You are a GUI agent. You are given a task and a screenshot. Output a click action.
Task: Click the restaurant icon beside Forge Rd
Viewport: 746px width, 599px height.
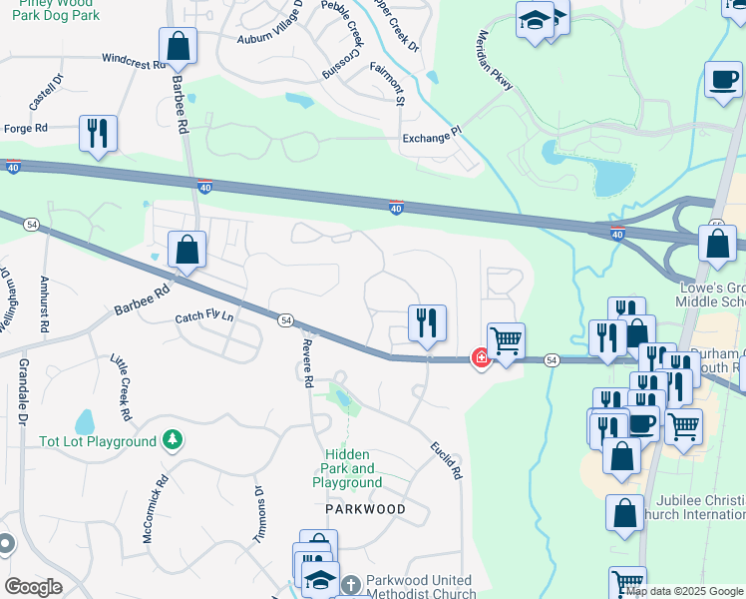coord(98,133)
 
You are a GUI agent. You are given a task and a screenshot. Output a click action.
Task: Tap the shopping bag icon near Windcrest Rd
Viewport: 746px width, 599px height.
coord(178,45)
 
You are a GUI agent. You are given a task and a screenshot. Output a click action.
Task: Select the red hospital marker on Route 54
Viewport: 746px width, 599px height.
coord(481,357)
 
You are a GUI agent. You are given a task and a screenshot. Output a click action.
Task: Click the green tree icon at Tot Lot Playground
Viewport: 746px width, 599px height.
coord(173,439)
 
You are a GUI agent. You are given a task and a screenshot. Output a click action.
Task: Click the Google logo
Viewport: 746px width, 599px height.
coord(33,587)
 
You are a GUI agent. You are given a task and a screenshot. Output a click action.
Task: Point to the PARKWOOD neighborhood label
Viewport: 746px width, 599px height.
coord(366,509)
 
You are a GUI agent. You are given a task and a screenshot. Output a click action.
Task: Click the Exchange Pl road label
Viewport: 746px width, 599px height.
coord(432,137)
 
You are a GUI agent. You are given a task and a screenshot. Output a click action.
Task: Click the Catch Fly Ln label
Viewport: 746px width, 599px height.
coord(203,317)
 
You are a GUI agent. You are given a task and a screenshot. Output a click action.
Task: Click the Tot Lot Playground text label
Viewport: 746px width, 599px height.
coord(98,441)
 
